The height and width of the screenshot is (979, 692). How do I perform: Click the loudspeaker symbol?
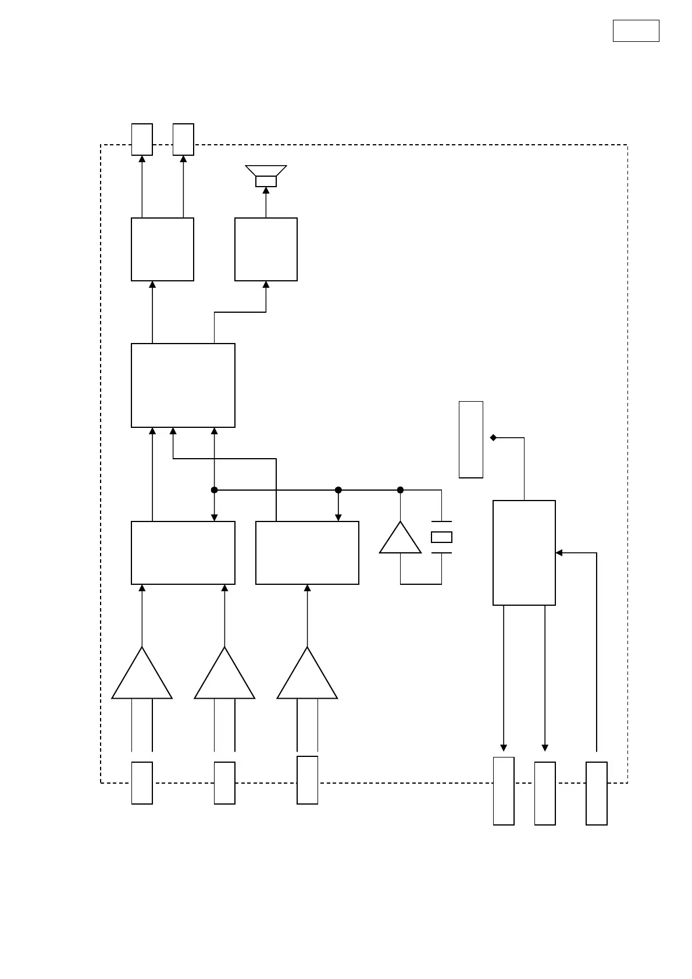tap(266, 176)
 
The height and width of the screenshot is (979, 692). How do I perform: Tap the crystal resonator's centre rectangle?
tap(441, 537)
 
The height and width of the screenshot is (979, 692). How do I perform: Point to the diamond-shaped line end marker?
tap(493, 438)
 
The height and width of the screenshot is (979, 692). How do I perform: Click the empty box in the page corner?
tap(636, 31)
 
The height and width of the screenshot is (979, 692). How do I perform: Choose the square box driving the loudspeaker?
tap(266, 249)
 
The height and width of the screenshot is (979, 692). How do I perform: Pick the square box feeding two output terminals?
tap(162, 249)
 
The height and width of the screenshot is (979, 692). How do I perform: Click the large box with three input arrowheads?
tap(183, 385)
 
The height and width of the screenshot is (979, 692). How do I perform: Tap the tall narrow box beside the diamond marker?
tap(471, 440)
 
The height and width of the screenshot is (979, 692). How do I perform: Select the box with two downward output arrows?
tap(524, 553)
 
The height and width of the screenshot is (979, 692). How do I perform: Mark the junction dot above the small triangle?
tap(400, 490)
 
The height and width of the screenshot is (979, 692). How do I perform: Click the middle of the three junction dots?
tap(338, 490)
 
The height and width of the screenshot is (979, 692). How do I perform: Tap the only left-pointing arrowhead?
tap(559, 553)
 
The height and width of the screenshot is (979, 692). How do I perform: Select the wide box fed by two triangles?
tap(183, 553)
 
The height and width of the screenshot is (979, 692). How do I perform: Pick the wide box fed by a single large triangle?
tap(307, 553)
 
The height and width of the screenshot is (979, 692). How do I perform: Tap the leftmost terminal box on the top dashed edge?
tap(142, 140)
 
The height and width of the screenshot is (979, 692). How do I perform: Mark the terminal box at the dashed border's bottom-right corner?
tap(597, 793)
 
